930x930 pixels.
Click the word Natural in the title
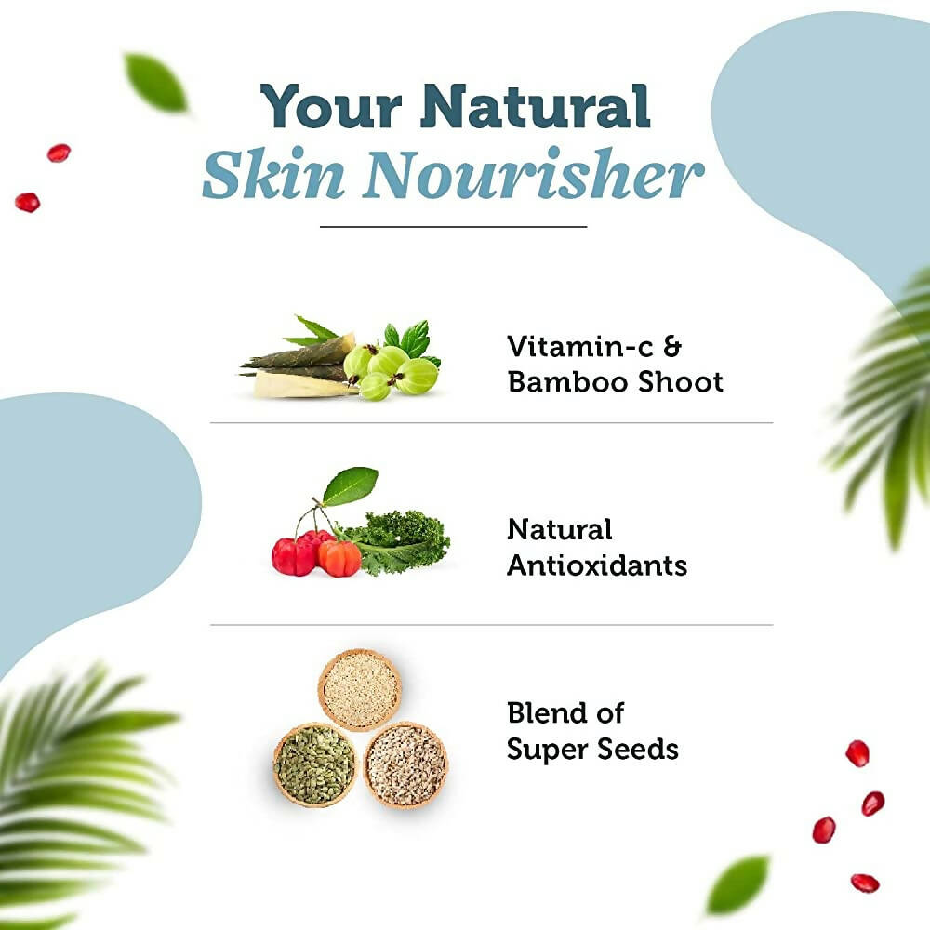(535, 107)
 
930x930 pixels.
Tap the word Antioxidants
(597, 565)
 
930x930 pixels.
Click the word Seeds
(640, 749)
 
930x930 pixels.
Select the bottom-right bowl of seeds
(405, 764)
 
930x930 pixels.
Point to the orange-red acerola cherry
(339, 558)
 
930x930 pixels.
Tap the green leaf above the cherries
(351, 486)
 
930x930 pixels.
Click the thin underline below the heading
(454, 226)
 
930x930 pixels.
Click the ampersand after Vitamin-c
(671, 347)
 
